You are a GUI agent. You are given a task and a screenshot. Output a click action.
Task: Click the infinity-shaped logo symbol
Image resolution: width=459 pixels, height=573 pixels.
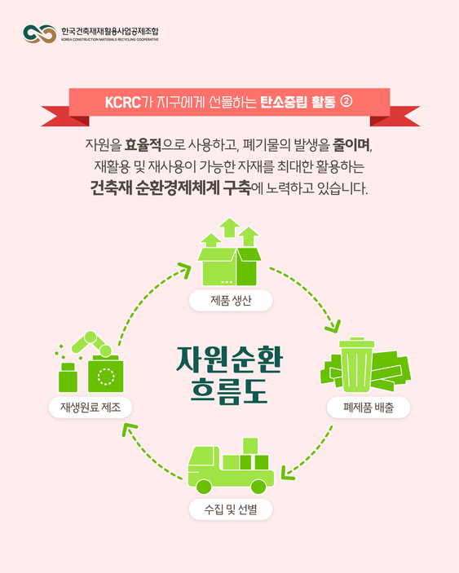(39, 33)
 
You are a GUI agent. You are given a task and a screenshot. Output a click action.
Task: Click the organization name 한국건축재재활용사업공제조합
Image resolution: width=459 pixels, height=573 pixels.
(109, 31)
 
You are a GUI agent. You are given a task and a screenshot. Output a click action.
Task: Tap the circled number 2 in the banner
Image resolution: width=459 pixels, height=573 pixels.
(346, 101)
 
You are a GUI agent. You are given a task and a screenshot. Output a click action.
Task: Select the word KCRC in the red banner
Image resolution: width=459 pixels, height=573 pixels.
(123, 102)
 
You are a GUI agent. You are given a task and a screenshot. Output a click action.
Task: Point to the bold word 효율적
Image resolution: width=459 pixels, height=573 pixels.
(143, 145)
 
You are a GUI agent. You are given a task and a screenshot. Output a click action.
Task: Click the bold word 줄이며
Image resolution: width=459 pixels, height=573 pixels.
(351, 145)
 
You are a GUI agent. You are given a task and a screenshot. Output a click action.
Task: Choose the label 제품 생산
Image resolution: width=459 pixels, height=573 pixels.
(231, 301)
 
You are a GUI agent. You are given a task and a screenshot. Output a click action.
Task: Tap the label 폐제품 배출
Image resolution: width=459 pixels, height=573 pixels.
(369, 407)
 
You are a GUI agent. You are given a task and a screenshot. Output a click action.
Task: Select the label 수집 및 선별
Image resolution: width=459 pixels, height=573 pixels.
(231, 509)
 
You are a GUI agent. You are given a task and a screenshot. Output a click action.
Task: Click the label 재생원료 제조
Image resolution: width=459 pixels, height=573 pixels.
(90, 407)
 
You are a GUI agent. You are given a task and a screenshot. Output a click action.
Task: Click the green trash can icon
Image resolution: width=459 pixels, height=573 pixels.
(356, 364)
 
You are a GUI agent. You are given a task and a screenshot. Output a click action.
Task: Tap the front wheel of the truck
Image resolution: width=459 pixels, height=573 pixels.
(204, 487)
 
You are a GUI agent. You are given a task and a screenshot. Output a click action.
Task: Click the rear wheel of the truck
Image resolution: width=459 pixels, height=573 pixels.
(258, 487)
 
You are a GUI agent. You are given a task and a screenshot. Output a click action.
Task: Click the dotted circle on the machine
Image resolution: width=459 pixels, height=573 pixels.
(106, 377)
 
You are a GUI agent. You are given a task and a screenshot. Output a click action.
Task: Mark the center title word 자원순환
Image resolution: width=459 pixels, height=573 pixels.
(230, 359)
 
